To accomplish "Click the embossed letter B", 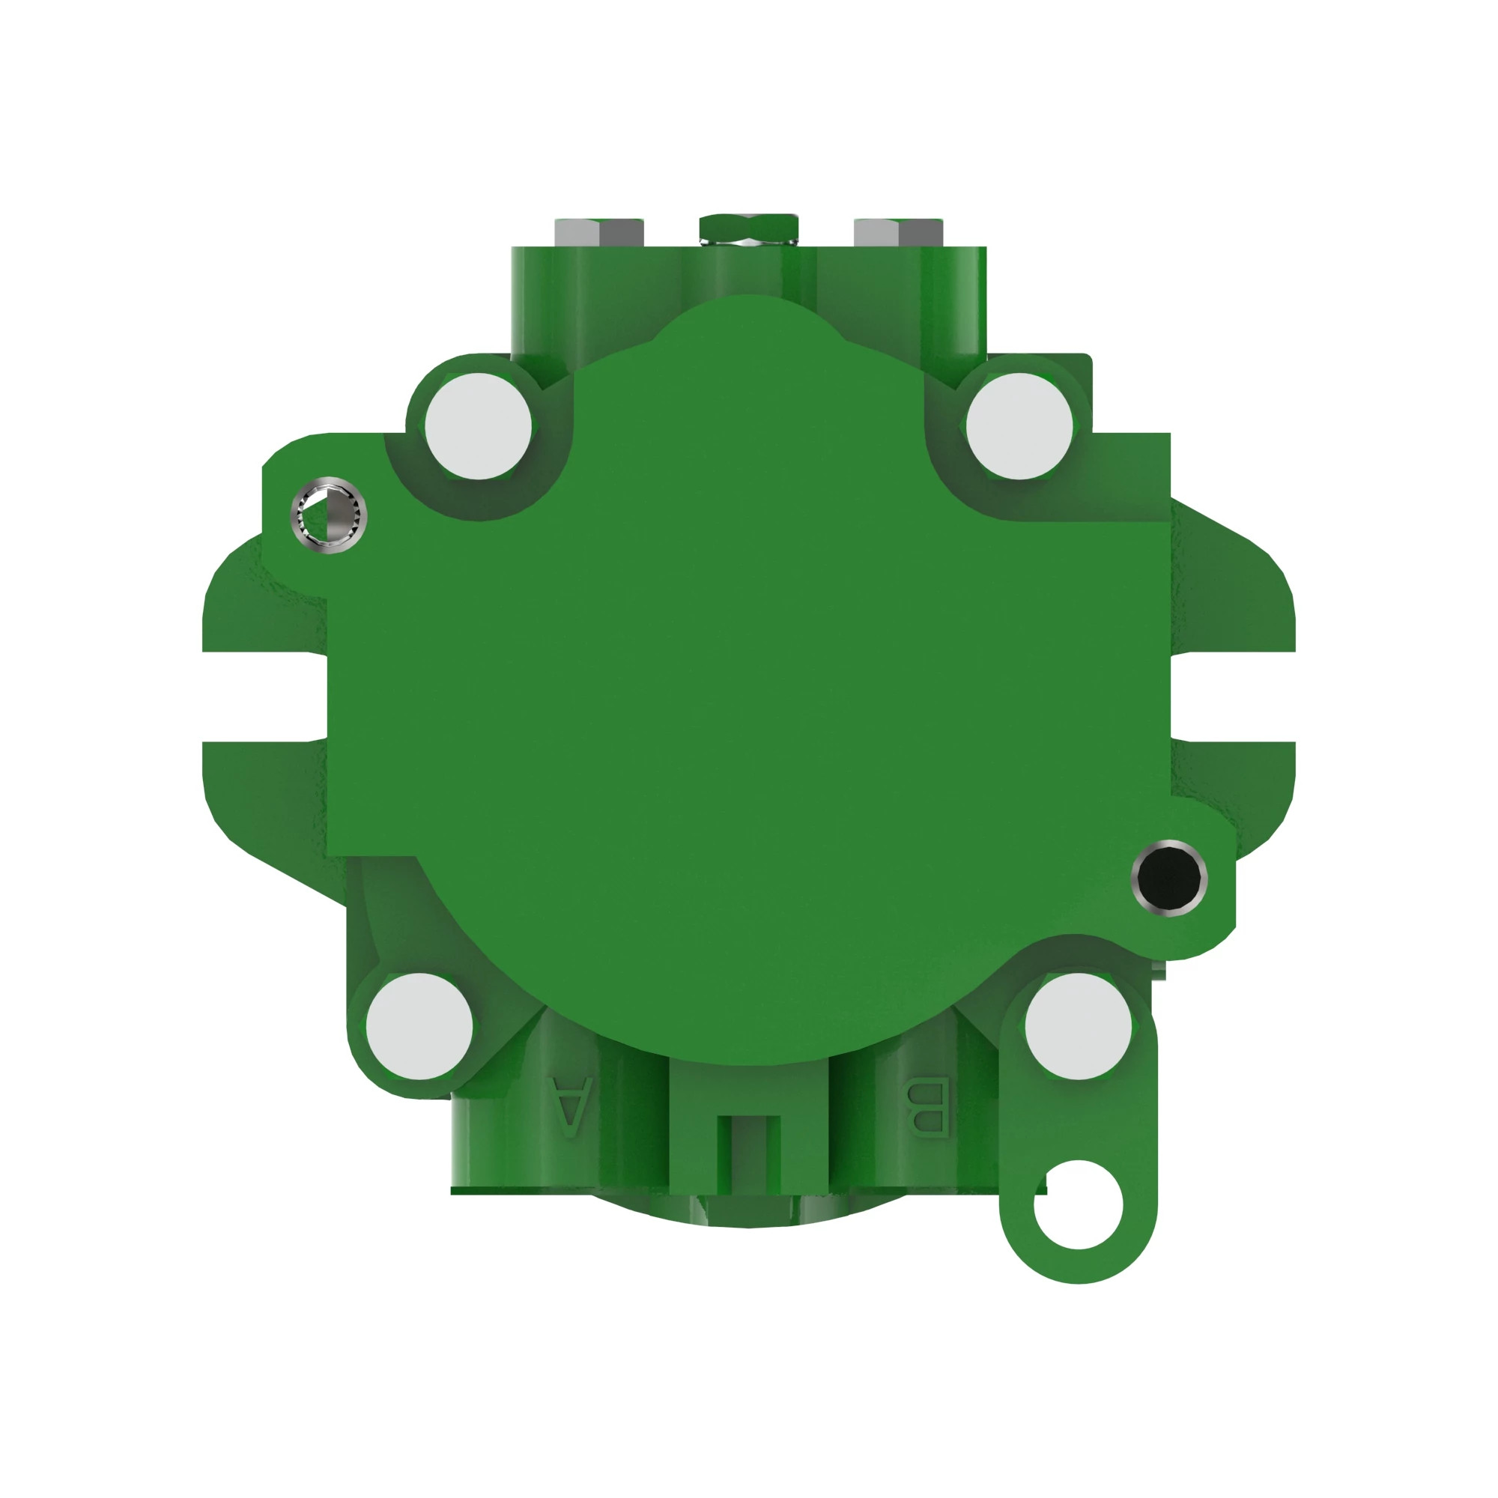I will [928, 1106].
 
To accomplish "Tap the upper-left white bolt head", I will [479, 425].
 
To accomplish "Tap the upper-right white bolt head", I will [1019, 425].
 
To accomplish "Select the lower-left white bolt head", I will [419, 1026].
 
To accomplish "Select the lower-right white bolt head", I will [1078, 1026].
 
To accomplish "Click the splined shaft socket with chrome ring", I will [329, 515].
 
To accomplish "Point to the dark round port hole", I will [1169, 878].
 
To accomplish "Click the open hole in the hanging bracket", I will [1078, 1204].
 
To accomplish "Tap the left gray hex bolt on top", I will [598, 231].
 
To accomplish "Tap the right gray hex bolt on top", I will [898, 231].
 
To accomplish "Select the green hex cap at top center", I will [748, 226].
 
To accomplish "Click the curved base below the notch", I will [748, 1211].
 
